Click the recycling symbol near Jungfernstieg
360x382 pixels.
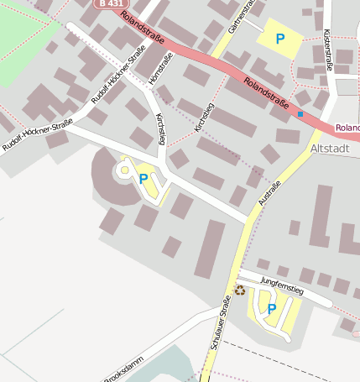[240, 290]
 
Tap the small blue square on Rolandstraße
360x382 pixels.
[300, 113]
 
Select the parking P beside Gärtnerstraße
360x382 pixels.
[279, 39]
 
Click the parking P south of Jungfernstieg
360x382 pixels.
[271, 309]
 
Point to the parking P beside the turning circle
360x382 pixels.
[143, 178]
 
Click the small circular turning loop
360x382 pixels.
[124, 170]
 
